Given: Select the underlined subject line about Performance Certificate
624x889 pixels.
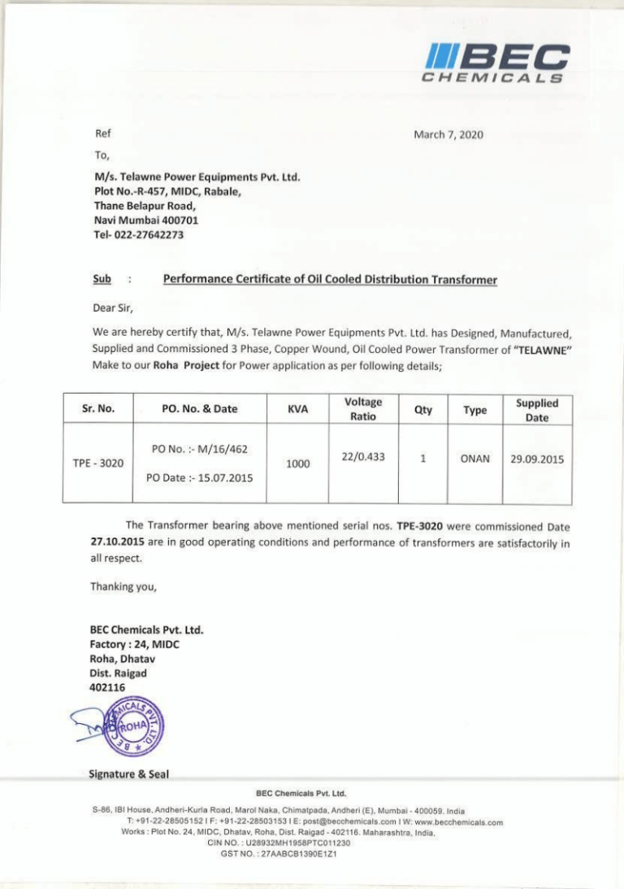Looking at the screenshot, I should point(330,281).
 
